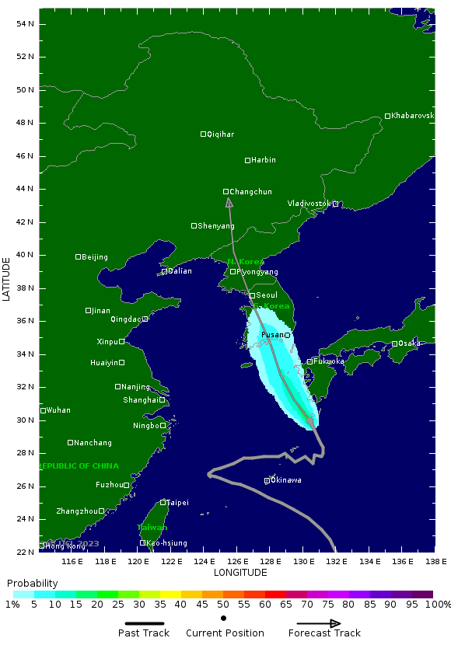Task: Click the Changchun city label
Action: pyautogui.click(x=251, y=192)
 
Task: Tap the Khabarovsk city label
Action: pyautogui.click(x=412, y=116)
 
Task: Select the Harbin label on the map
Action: pyautogui.click(x=264, y=160)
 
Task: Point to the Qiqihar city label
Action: pyautogui.click(x=220, y=134)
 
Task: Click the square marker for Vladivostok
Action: pyautogui.click(x=336, y=204)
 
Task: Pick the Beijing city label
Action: pyautogui.click(x=95, y=257)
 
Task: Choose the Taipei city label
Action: pyautogui.click(x=177, y=503)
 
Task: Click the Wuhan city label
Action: pyautogui.click(x=58, y=410)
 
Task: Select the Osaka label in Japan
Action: pyautogui.click(x=409, y=343)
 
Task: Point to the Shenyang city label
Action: pyautogui.click(x=215, y=226)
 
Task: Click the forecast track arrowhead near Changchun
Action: pyautogui.click(x=229, y=202)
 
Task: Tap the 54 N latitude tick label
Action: pyautogui.click(x=26, y=23)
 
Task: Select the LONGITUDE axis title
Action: pyautogui.click(x=240, y=573)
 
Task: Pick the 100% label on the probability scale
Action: pyautogui.click(x=438, y=604)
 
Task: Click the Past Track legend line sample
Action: pyautogui.click(x=145, y=622)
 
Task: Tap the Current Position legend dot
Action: pyautogui.click(x=224, y=619)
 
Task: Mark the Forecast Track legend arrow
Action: pyautogui.click(x=319, y=623)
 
